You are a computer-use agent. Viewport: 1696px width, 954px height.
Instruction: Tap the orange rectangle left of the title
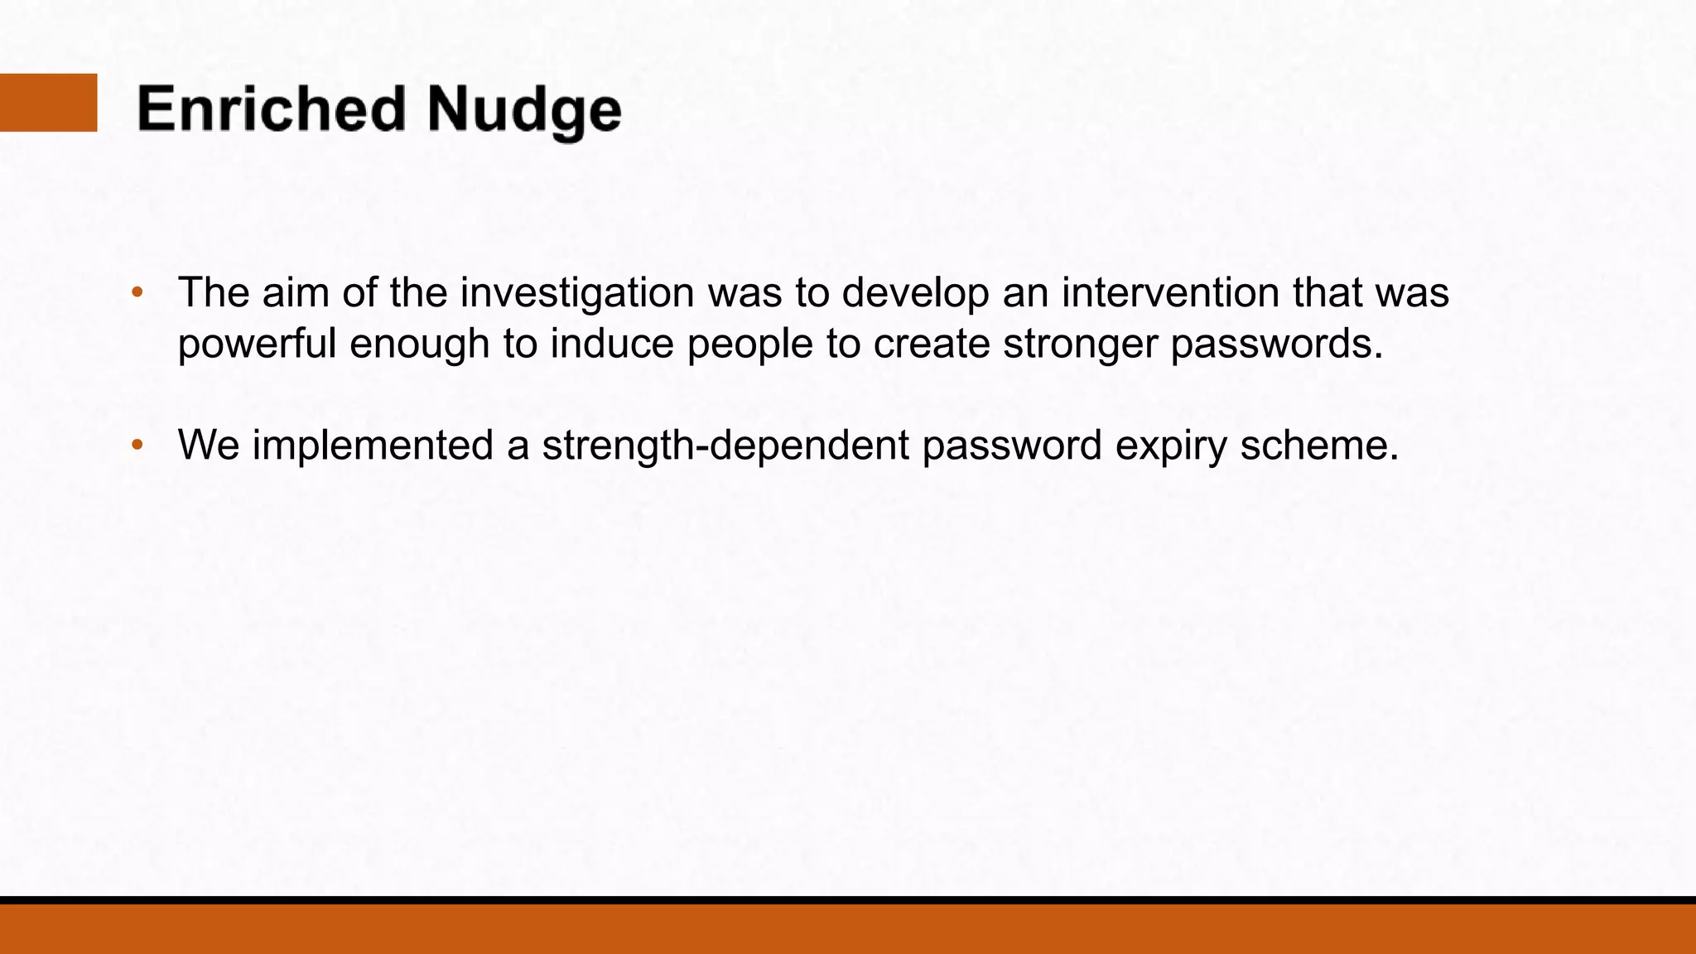[x=48, y=103]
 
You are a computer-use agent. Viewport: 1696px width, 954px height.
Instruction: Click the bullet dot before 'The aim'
[x=137, y=292]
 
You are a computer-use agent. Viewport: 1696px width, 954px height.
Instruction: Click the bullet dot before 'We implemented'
[x=137, y=445]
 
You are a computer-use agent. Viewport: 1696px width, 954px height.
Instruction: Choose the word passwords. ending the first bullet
[x=1277, y=344]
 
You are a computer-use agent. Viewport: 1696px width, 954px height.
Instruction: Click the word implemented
[x=373, y=446]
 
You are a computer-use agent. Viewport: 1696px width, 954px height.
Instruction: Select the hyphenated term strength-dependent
[x=725, y=446]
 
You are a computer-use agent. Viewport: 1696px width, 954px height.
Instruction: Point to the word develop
[x=915, y=294]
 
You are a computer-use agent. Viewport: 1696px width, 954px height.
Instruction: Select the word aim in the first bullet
[x=296, y=292]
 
